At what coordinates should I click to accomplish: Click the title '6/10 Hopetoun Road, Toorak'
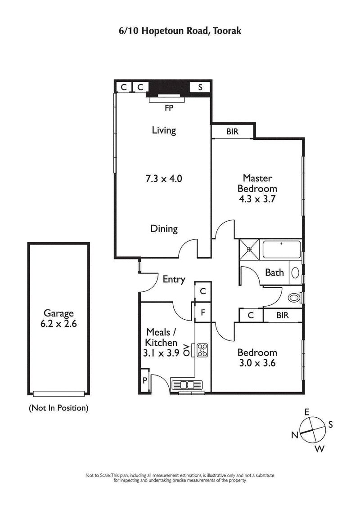click(x=180, y=31)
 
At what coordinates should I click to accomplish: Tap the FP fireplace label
click(x=169, y=108)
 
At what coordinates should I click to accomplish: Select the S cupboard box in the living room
click(x=200, y=87)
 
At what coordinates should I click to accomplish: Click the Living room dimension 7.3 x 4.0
click(x=163, y=179)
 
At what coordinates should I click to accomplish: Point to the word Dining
click(x=164, y=228)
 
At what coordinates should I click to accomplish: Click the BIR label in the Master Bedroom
click(x=233, y=132)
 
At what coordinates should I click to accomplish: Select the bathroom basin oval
click(x=296, y=272)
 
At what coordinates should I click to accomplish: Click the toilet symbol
click(x=295, y=297)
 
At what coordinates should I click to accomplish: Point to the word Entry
click(x=174, y=279)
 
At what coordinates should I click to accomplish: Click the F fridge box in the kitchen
click(x=202, y=312)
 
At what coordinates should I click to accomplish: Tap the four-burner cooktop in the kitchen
click(x=202, y=349)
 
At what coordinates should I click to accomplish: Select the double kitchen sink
click(x=188, y=384)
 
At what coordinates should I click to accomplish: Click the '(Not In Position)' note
click(x=58, y=408)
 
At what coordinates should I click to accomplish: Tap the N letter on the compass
click(x=295, y=434)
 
